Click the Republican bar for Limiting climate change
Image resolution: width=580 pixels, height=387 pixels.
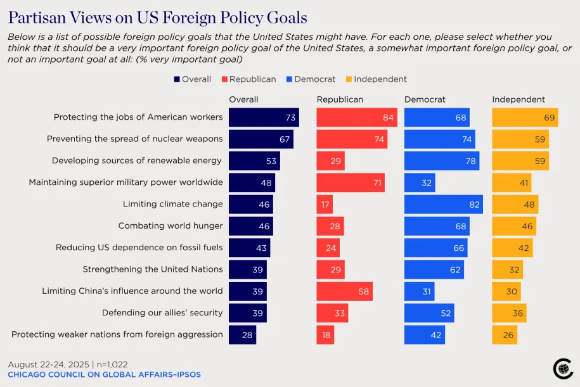[325, 205]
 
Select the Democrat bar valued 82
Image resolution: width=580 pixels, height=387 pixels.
[443, 205]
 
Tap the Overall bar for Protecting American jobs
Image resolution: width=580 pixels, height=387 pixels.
[263, 117]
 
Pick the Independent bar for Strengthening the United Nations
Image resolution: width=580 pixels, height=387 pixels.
[507, 270]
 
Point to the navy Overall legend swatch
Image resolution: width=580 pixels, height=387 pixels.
[177, 79]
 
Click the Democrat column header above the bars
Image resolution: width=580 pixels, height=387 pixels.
[425, 99]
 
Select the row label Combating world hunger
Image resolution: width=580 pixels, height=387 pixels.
[171, 226]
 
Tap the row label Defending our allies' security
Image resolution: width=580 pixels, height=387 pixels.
[162, 313]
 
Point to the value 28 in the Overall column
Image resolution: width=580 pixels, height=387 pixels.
[247, 334]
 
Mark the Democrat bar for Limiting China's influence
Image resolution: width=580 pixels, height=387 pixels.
[420, 291]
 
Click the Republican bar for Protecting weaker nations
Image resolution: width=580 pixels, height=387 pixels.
[325, 334]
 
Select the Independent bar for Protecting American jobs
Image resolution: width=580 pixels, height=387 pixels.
[525, 117]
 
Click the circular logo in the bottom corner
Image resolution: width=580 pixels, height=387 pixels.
[563, 368]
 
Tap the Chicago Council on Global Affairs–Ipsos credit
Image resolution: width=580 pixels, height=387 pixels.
[104, 375]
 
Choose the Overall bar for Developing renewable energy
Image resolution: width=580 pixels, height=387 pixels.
[254, 161]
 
